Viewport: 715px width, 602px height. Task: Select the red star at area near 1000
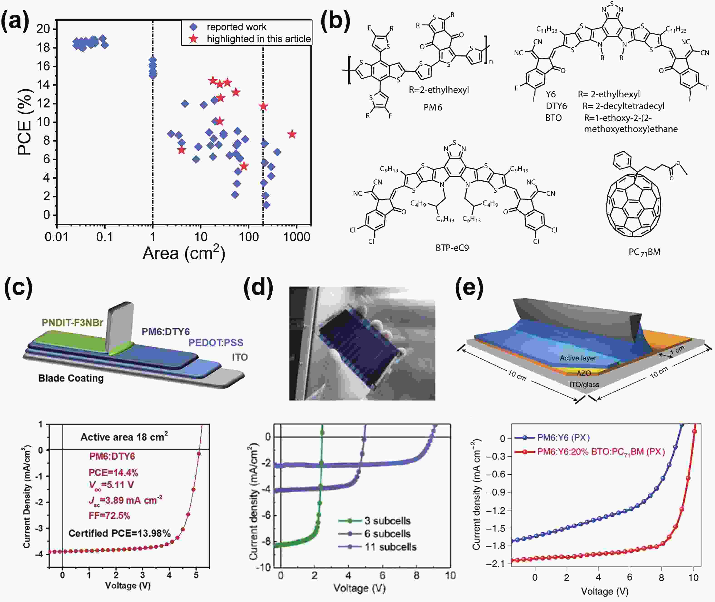tap(291, 134)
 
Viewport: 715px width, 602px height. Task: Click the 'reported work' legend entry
tap(236, 27)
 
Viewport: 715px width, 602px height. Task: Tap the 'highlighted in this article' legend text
tap(259, 39)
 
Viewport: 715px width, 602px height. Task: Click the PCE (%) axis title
tap(25, 122)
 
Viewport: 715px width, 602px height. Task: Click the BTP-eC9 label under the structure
tap(452, 248)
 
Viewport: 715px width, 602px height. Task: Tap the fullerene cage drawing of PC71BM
tap(634, 205)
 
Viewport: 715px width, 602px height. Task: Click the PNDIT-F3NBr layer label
tap(72, 322)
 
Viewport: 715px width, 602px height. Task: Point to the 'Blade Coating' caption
tap(71, 378)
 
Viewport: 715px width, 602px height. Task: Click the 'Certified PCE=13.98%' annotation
tap(119, 533)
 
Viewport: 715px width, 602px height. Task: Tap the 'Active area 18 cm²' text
tap(124, 437)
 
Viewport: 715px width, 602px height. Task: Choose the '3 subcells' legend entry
tap(387, 521)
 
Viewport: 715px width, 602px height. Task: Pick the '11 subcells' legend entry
tap(390, 547)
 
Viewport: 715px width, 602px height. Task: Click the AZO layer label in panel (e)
tap(584, 373)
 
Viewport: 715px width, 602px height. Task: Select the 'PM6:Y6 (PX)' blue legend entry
tap(563, 437)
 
